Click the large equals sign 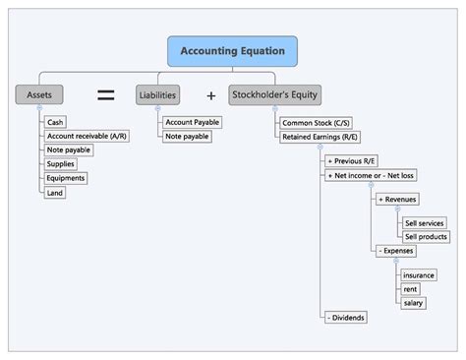click(x=105, y=94)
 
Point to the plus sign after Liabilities click(x=210, y=95)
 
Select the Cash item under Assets click(x=56, y=122)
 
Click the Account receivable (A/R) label click(x=85, y=136)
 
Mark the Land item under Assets click(x=56, y=193)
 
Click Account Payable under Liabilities click(x=192, y=122)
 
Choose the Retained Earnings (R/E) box click(x=319, y=137)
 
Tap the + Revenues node click(x=397, y=199)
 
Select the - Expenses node click(x=396, y=251)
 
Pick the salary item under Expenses click(x=414, y=302)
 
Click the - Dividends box click(x=347, y=318)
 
